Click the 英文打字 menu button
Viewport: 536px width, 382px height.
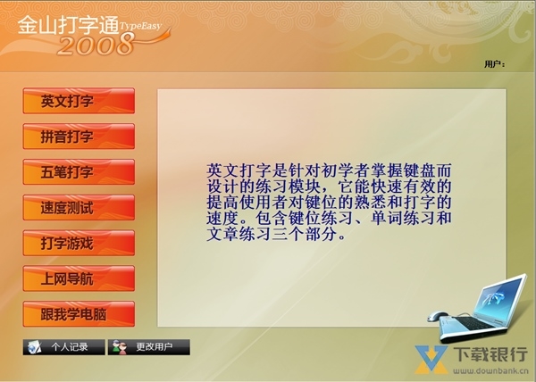tap(79, 101)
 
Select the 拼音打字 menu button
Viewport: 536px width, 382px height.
tap(79, 137)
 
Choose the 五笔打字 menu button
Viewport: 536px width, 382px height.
tap(79, 172)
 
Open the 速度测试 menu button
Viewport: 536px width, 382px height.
tap(79, 208)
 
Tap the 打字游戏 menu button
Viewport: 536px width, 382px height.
tap(79, 244)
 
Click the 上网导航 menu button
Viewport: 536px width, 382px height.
tap(79, 278)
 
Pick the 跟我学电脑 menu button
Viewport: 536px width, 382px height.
tap(79, 314)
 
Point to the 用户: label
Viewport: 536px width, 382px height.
tap(494, 64)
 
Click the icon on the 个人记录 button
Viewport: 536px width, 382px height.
tap(34, 346)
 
